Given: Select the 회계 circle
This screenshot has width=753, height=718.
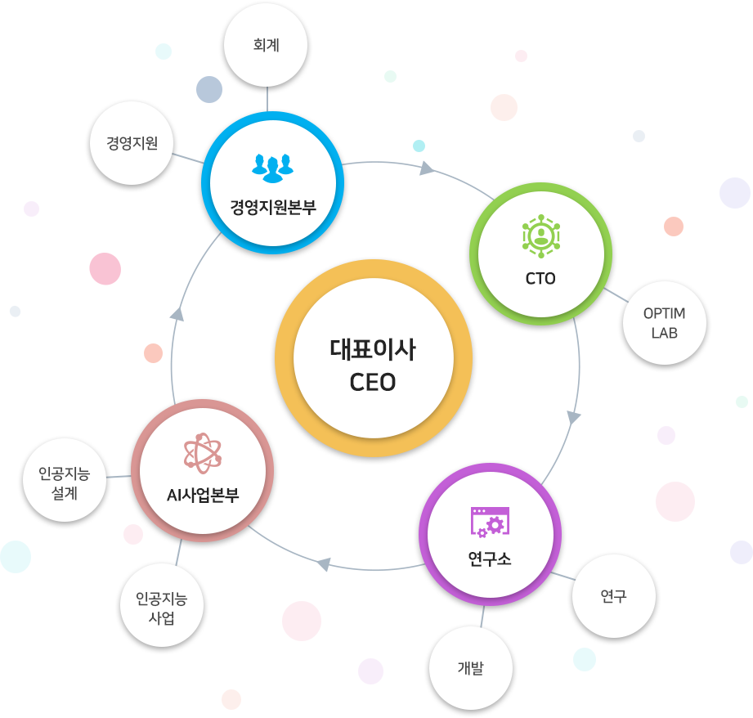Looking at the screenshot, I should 267,46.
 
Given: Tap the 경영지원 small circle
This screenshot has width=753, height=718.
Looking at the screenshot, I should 132,142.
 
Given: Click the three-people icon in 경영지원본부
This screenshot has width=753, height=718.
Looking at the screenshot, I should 272,166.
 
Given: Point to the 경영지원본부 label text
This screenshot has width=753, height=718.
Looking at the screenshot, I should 272,205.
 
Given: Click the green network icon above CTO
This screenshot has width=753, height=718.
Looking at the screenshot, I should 540,233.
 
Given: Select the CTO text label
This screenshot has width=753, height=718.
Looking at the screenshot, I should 540,278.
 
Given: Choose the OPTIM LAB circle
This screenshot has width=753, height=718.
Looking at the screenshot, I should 664,324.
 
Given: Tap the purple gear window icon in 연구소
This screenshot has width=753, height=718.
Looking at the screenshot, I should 490,522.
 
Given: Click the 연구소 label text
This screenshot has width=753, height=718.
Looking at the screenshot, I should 490,559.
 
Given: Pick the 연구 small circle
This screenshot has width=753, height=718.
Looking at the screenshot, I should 613,596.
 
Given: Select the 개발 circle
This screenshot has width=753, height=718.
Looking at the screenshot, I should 470,668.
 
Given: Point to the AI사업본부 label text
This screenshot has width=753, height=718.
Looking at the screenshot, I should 202,495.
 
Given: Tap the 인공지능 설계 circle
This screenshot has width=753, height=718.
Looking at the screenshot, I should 63,482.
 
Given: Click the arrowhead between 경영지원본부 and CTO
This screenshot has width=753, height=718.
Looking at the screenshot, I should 427,169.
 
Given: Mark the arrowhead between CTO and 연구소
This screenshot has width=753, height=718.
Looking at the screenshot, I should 574,417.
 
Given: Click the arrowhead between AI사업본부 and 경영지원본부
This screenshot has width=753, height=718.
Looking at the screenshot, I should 177,315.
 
